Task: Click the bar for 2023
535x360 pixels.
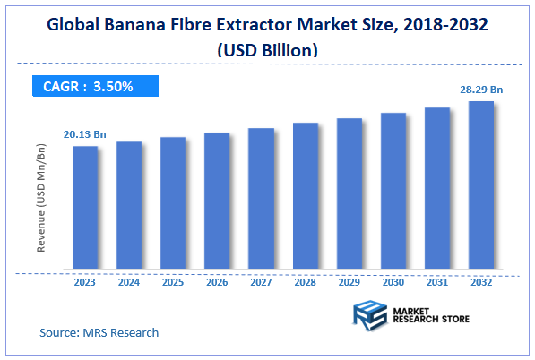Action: click(x=85, y=207)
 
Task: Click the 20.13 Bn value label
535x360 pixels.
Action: click(x=84, y=134)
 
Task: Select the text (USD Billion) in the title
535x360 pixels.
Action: click(x=267, y=52)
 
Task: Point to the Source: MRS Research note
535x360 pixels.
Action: click(x=99, y=332)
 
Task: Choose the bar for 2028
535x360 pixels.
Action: click(x=306, y=195)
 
